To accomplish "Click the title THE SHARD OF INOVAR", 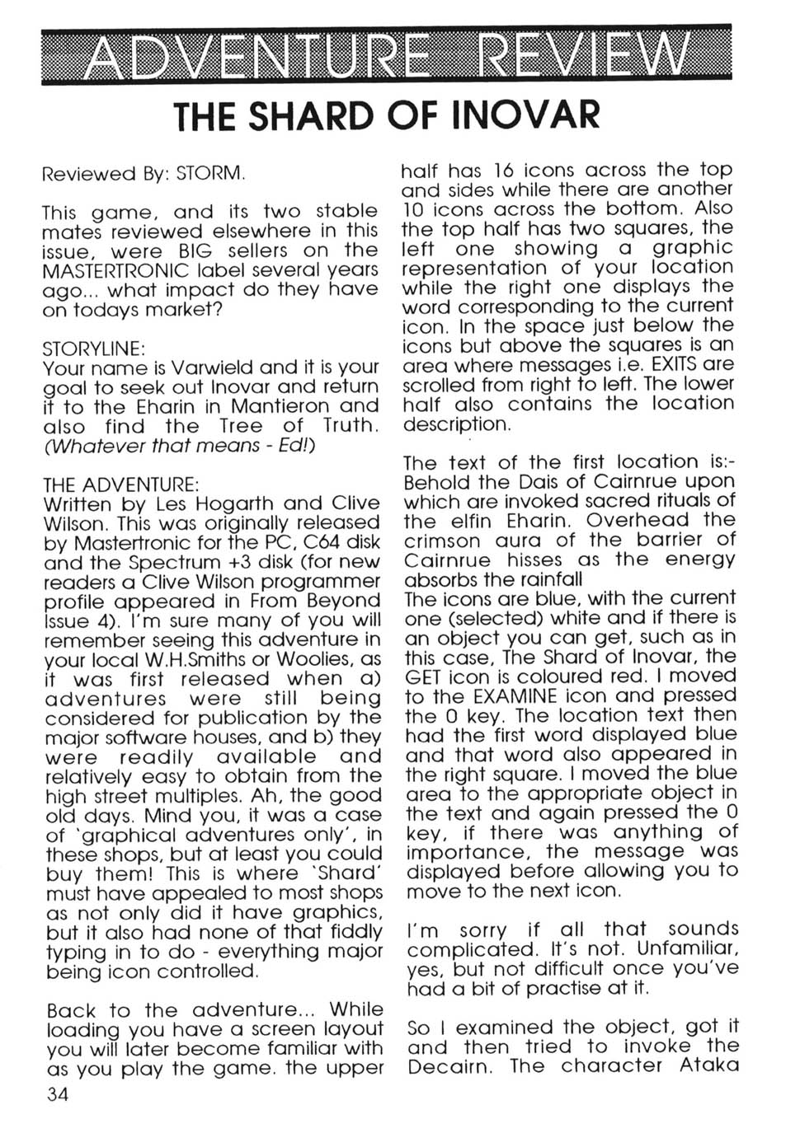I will tap(386, 115).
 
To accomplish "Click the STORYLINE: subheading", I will tap(93, 348).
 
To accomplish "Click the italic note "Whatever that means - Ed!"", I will tap(179, 446).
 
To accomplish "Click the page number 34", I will tap(58, 1093).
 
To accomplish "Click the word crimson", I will tap(441, 541).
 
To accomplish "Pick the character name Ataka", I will tap(709, 1066).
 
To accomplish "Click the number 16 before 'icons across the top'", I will tap(503, 171).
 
